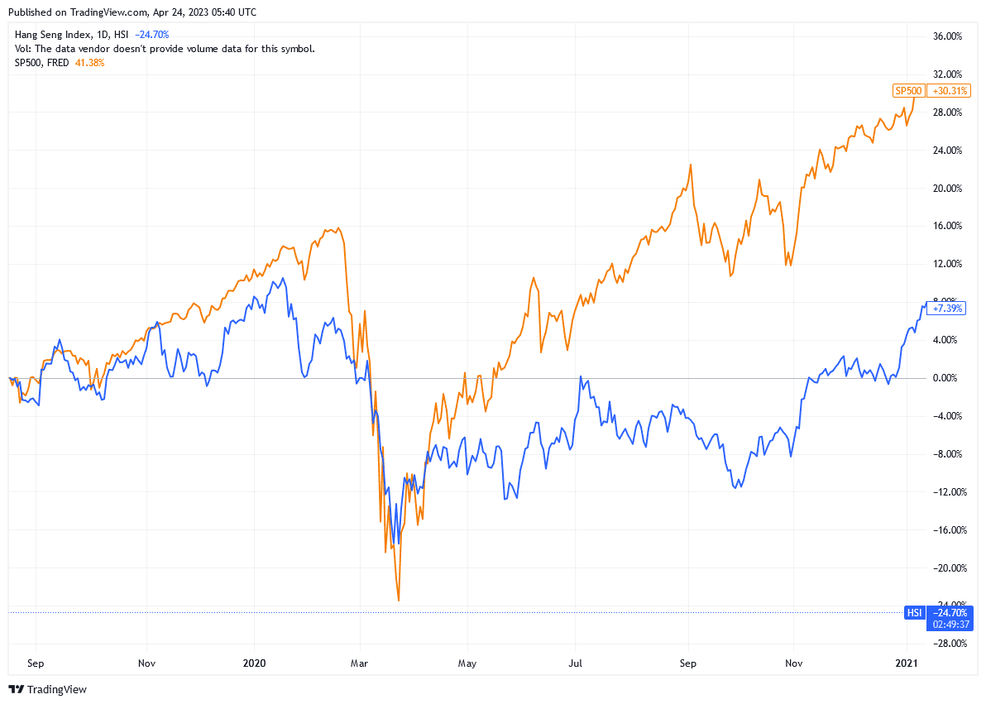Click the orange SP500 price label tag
(x=907, y=91)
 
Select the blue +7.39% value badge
(x=945, y=309)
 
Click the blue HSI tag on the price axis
(x=915, y=613)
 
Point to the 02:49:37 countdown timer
(x=950, y=625)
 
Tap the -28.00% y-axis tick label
(x=945, y=644)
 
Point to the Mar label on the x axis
(x=360, y=663)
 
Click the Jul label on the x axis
(x=576, y=663)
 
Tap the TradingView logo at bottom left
(x=48, y=689)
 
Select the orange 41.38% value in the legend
(x=90, y=63)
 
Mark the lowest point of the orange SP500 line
(x=399, y=600)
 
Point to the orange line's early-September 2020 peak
(x=690, y=165)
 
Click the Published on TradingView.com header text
(x=135, y=12)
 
